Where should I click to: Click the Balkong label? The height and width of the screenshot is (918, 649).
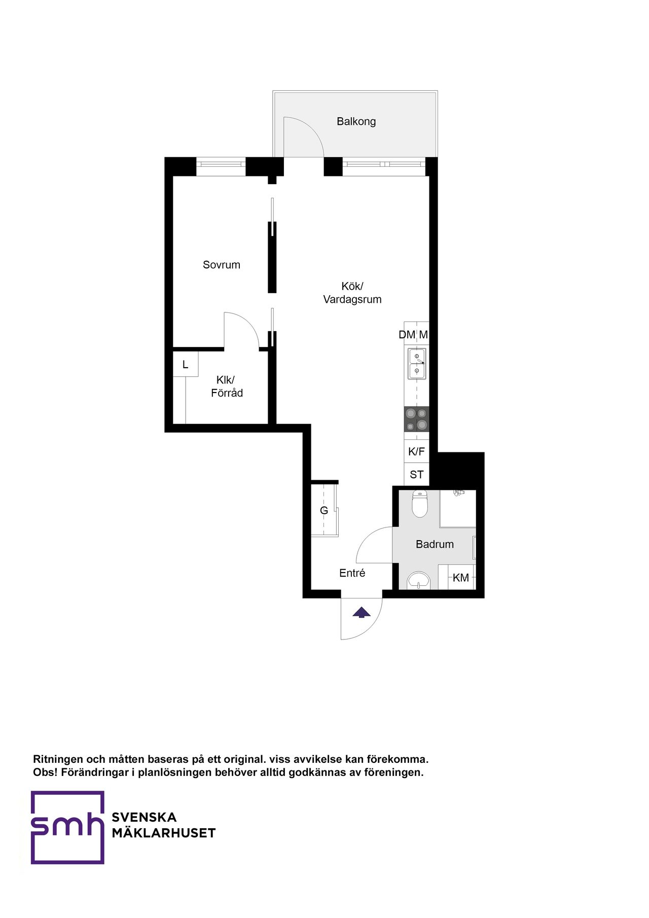coord(356,121)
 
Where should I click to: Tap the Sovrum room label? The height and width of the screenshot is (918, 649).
coord(222,265)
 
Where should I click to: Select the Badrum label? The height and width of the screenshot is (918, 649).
coord(435,544)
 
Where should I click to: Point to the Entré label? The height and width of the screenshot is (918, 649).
coord(352,573)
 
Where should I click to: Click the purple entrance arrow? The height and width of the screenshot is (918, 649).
coord(362,612)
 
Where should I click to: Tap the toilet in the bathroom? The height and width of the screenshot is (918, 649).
coord(420,504)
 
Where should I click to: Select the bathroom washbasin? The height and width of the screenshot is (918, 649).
coord(418,580)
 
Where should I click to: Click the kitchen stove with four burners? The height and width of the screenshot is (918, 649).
coord(416,419)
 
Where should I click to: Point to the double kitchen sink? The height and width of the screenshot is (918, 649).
coord(416,364)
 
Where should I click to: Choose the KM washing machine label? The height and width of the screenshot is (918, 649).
coord(461,578)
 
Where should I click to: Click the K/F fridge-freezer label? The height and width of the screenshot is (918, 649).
coord(416,451)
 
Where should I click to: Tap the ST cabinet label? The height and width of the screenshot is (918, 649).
coord(416,475)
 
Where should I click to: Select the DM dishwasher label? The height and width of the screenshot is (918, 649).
coord(407,335)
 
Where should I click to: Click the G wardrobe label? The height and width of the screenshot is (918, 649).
coord(324,510)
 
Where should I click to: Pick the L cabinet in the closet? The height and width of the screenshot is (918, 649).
coord(185,364)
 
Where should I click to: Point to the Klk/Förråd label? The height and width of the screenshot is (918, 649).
coord(227,386)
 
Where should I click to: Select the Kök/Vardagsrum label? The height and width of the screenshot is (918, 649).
coord(352,293)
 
